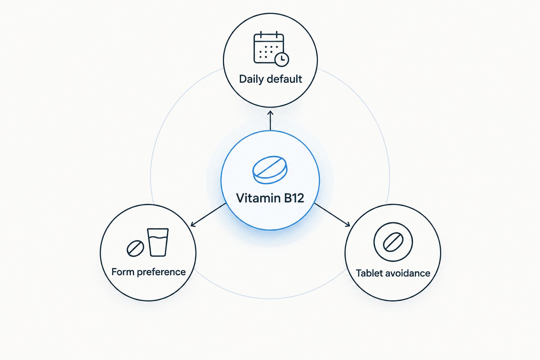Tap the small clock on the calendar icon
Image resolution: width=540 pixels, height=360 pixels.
(282, 59)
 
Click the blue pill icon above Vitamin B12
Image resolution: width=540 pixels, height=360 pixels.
(270, 170)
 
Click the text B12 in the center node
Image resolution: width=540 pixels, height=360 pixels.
(294, 198)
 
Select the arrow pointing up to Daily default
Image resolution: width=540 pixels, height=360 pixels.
(270, 121)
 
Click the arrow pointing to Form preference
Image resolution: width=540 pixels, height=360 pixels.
(208, 214)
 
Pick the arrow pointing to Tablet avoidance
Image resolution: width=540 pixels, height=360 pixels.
(332, 214)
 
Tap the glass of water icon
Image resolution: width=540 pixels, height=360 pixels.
(157, 242)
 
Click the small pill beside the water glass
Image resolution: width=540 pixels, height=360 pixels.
(135, 248)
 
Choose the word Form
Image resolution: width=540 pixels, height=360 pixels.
(123, 272)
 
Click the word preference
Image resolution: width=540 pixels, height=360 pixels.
(161, 272)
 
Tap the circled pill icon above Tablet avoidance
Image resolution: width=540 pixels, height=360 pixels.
(393, 242)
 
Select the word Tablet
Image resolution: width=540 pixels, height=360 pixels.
(369, 273)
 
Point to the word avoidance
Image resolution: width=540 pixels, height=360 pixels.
(408, 273)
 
